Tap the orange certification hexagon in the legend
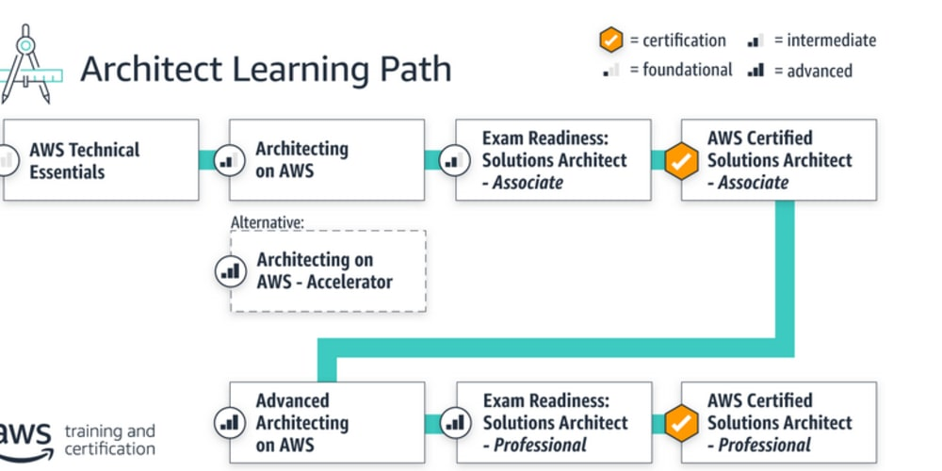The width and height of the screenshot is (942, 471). pyautogui.click(x=611, y=41)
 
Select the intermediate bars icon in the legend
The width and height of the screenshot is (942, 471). pyautogui.click(x=755, y=41)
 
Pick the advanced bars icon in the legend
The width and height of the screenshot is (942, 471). pyautogui.click(x=755, y=71)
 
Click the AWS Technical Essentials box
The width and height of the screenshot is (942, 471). pyautogui.click(x=102, y=160)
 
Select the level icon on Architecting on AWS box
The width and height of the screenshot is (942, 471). pyautogui.click(x=227, y=160)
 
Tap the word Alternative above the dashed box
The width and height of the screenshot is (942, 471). pyautogui.click(x=268, y=223)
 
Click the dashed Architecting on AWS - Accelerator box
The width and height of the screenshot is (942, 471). pyautogui.click(x=328, y=270)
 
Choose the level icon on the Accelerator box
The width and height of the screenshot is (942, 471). pyautogui.click(x=227, y=271)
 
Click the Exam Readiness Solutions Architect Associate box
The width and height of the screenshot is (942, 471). pyautogui.click(x=554, y=160)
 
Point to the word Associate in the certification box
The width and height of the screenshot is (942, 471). pyautogui.click(x=753, y=183)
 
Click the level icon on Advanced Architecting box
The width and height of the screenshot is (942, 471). pyautogui.click(x=227, y=422)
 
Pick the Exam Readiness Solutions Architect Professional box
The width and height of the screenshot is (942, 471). pyautogui.click(x=554, y=422)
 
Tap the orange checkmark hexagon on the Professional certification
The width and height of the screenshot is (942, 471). pyautogui.click(x=679, y=422)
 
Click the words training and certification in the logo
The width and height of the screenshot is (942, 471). pyautogui.click(x=109, y=440)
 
